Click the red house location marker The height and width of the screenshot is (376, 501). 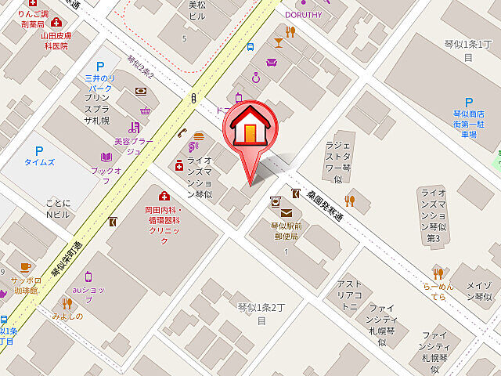(x=250, y=130)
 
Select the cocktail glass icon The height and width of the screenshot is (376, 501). (x=278, y=42)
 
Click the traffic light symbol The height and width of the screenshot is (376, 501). (x=193, y=98)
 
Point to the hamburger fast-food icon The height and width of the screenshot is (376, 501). (x=198, y=136)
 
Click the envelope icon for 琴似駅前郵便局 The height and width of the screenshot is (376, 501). (x=286, y=213)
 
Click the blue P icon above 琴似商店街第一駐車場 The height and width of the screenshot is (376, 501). (x=469, y=103)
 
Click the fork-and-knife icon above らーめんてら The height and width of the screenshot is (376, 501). (x=438, y=273)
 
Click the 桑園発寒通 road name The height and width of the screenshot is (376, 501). (x=329, y=207)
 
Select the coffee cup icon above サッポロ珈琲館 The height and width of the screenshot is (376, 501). (x=25, y=266)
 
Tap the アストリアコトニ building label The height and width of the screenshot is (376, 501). (x=348, y=295)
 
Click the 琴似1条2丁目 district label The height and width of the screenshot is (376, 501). (x=253, y=313)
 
